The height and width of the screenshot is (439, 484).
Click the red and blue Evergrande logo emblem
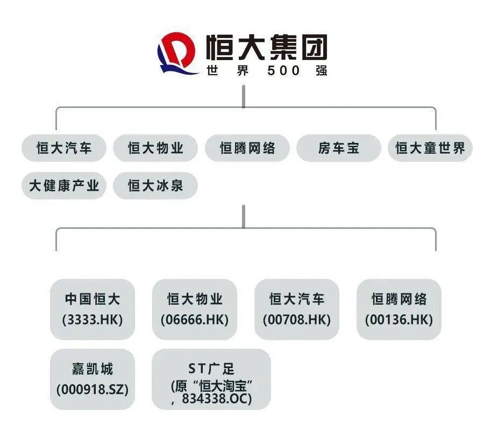coord(177,53)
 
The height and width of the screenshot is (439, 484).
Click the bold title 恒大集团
coord(267,47)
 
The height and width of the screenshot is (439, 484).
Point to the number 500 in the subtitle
coord(283,70)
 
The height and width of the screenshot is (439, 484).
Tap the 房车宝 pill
coord(339,148)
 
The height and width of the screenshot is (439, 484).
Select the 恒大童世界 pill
coord(430,148)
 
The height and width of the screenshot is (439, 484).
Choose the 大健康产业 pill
coord(64,186)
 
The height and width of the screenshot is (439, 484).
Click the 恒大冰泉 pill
coord(155,186)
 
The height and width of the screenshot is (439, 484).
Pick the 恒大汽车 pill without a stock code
coord(64,148)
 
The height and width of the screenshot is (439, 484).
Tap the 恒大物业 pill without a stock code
coord(155,148)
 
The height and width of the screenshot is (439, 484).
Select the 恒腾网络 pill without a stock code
coord(247,148)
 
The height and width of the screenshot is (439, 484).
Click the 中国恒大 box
coord(92,310)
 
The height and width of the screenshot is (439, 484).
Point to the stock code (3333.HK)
coord(92,320)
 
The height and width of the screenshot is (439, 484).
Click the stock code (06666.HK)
coord(195,320)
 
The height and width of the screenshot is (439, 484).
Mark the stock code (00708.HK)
coord(297,320)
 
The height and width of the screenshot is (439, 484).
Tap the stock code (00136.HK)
coord(399,320)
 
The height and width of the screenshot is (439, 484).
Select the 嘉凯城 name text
coord(92,369)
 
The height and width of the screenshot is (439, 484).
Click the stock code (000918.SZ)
coord(92,390)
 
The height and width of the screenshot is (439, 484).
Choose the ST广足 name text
coord(211,369)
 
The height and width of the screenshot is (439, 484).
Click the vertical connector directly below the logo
coord(244,96)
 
